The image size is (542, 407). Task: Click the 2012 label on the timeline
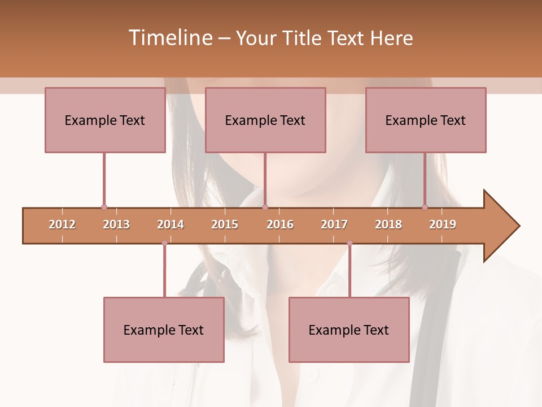coord(62,224)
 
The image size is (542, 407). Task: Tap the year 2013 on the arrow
coord(116,224)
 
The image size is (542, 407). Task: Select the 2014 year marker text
coord(171,224)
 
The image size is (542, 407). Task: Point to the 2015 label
coord(225,224)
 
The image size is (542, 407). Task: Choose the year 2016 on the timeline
coord(280,224)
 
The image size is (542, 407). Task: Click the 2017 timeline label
coord(334,224)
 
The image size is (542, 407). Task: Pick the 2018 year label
coord(388,224)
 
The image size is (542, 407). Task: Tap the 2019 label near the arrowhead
coord(443,224)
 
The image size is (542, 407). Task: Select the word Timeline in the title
coord(170,38)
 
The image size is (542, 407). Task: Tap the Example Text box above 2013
coord(104,120)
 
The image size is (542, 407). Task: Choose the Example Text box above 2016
coord(265,120)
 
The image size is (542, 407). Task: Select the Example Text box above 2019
coord(425,120)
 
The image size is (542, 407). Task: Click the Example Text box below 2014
coord(164,330)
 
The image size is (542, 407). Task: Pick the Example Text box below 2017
coord(349,330)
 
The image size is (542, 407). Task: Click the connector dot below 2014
coord(164,243)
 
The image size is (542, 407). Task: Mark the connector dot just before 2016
coord(265,207)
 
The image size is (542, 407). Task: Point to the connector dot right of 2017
coord(349,243)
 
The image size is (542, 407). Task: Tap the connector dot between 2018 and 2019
coord(425,207)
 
